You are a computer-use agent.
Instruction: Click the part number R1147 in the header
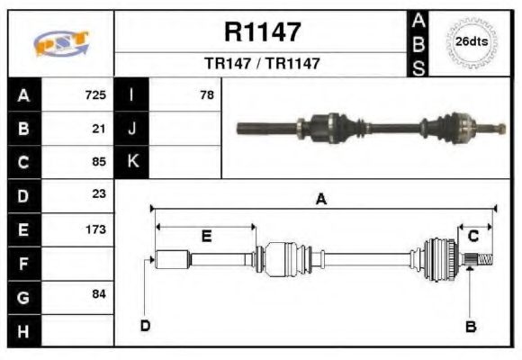(x=262, y=32)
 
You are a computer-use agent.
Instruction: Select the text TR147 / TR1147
(x=262, y=64)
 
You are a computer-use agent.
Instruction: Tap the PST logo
(x=61, y=43)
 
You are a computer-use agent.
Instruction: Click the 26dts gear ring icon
(x=472, y=42)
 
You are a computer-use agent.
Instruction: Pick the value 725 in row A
(x=95, y=94)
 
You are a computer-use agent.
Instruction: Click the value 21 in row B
(x=99, y=128)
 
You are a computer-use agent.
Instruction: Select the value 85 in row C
(x=99, y=162)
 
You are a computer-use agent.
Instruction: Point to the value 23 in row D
(x=99, y=194)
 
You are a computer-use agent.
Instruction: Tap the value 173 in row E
(x=95, y=229)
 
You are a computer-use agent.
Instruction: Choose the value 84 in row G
(x=99, y=295)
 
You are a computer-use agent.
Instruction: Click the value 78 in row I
(x=207, y=94)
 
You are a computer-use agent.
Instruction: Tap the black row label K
(x=132, y=162)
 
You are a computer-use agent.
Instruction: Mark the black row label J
(x=132, y=128)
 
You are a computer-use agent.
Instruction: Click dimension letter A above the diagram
(x=320, y=200)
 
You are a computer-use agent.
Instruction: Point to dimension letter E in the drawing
(x=206, y=236)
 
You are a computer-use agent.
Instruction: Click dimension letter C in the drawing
(x=472, y=236)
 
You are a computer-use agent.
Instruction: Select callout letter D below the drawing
(x=144, y=325)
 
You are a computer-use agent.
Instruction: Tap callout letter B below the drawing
(x=470, y=326)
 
